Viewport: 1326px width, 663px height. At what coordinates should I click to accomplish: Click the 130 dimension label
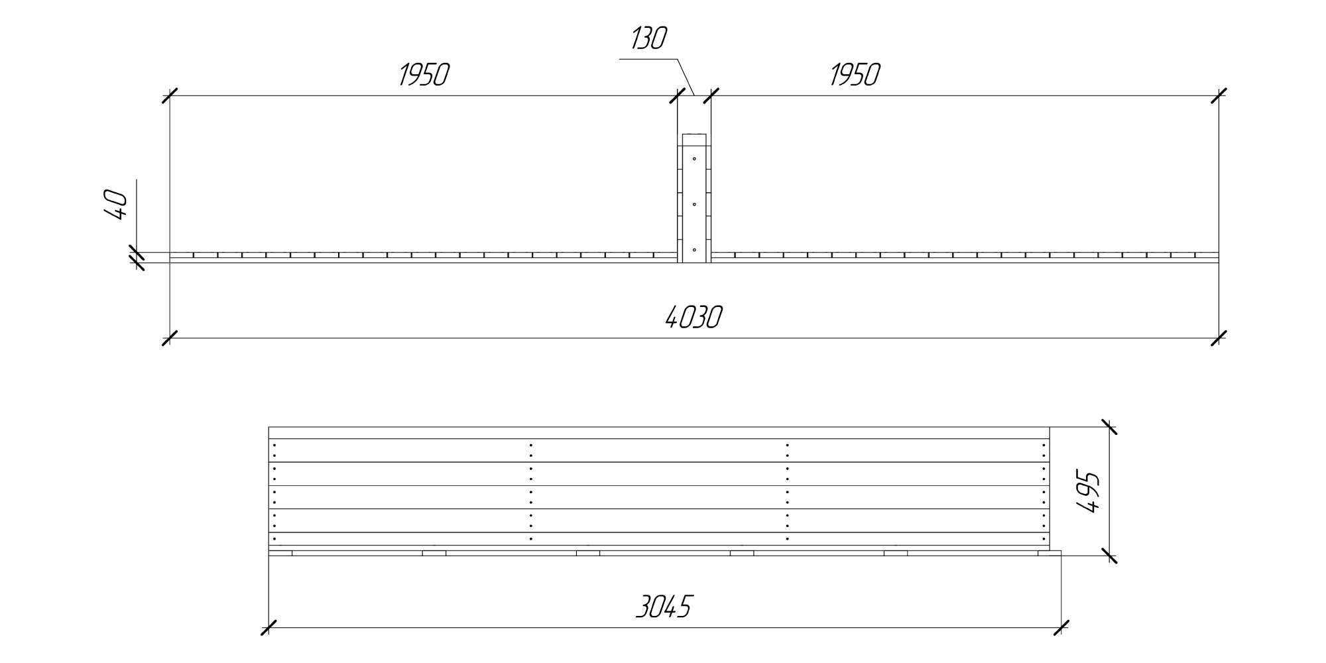click(648, 39)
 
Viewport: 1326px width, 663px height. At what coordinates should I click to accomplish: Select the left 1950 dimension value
click(424, 75)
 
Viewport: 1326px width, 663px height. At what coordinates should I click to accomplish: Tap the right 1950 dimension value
click(855, 75)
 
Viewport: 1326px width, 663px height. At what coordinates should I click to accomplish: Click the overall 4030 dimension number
click(693, 318)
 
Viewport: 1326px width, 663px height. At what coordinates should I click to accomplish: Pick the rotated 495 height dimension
click(1088, 492)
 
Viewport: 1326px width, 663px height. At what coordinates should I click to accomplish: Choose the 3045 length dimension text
click(664, 606)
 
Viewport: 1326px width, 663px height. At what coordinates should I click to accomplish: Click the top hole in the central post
click(694, 159)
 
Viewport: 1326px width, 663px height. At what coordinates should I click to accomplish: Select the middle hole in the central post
click(694, 204)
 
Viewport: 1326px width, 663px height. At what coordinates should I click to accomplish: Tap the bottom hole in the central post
click(694, 250)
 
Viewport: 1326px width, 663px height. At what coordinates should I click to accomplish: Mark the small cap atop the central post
click(694, 139)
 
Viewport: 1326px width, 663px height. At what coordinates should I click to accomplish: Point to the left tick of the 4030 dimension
click(170, 338)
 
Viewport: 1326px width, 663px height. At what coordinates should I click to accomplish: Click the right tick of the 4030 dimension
click(1219, 338)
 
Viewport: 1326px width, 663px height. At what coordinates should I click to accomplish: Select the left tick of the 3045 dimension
click(269, 627)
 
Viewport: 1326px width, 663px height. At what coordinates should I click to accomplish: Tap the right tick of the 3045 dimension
click(1061, 627)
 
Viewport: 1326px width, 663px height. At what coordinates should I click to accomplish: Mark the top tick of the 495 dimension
click(1109, 427)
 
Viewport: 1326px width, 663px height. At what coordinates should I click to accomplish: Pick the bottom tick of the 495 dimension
click(1109, 556)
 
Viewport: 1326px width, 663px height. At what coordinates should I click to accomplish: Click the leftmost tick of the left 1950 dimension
click(170, 96)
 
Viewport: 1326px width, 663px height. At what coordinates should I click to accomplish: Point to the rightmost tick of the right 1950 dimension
click(1219, 96)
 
